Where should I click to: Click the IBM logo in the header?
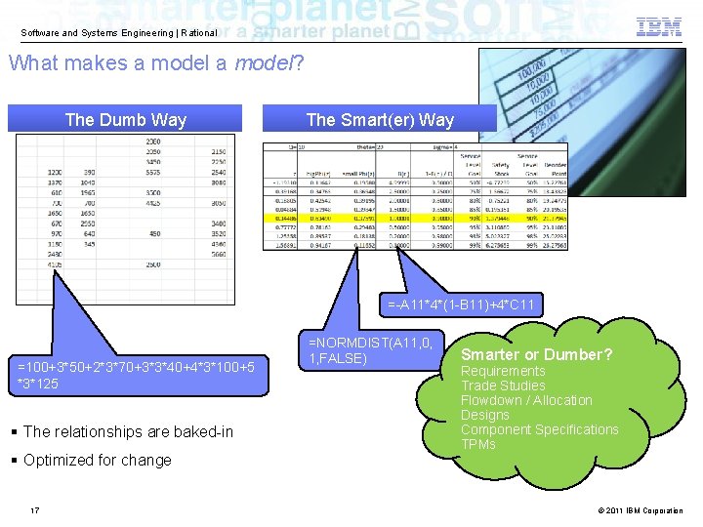pos(659,27)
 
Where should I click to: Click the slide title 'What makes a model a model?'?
pos(156,63)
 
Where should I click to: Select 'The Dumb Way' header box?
pos(125,120)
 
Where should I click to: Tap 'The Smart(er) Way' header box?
pos(380,120)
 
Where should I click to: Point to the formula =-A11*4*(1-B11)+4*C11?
pos(462,305)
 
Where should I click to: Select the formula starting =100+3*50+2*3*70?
pos(137,375)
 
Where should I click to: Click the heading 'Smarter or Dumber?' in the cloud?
pos(536,354)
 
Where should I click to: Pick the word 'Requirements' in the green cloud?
pos(503,371)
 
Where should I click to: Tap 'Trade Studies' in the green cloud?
pos(503,385)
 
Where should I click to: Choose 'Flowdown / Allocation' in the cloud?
pos(526,400)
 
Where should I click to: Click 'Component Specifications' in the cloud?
pos(539,429)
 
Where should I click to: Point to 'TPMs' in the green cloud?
pos(478,444)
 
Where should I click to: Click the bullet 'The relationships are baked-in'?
pos(128,431)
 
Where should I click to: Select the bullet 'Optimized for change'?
pos(97,460)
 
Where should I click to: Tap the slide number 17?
pos(35,510)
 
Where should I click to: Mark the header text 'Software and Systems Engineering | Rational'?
pos(119,33)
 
